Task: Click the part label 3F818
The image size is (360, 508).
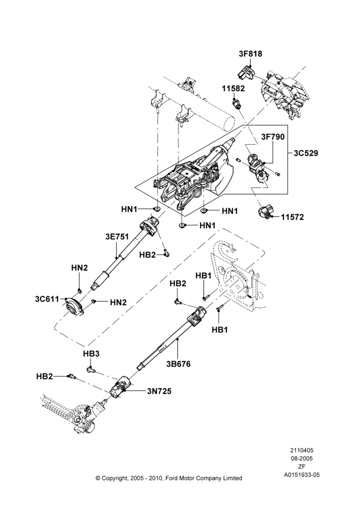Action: click(250, 54)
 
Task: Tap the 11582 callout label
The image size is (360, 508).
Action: click(233, 88)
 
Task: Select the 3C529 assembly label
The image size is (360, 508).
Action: click(306, 153)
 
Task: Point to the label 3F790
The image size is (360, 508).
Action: click(273, 137)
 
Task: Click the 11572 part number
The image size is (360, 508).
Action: click(292, 217)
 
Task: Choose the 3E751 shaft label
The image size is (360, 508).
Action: click(117, 237)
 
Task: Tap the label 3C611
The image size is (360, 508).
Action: click(47, 299)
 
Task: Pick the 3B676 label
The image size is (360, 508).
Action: click(178, 364)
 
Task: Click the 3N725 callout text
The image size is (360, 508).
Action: click(159, 391)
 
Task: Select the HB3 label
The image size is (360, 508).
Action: click(91, 354)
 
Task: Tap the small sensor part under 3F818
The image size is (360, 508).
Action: click(246, 73)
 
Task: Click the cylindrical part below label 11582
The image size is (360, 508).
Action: click(237, 104)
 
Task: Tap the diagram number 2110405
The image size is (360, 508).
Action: click(302, 450)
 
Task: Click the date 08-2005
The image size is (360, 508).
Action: click(302, 458)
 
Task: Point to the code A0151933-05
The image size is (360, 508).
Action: click(302, 475)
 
